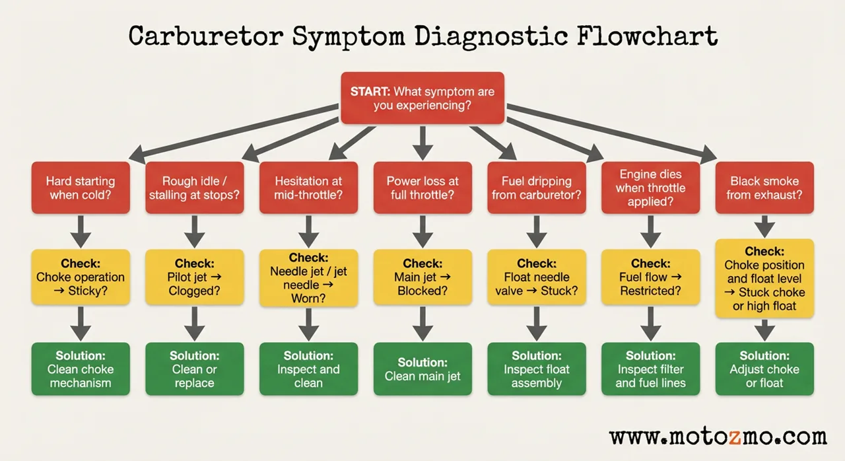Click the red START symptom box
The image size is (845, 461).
point(422,98)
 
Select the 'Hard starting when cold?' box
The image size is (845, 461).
point(81,188)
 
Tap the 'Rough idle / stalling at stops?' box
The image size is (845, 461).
point(194,188)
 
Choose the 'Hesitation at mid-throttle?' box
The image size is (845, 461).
point(308,188)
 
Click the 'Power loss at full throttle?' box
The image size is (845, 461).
point(422,188)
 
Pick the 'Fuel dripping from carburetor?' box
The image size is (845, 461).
point(536,188)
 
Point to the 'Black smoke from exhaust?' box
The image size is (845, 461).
point(764,188)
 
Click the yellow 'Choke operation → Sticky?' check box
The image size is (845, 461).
point(81,277)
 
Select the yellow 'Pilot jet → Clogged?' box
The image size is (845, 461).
point(194,277)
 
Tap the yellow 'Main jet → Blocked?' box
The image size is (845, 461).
point(422,277)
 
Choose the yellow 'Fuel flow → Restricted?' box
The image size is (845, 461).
point(650,277)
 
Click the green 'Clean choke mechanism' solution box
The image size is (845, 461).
point(81,369)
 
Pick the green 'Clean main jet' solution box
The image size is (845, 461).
point(422,369)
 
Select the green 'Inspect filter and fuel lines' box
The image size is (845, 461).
point(650,369)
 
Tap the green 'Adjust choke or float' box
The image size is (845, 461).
point(764,369)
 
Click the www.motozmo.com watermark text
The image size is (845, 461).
point(718,437)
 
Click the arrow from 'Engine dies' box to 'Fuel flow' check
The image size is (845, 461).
point(650,231)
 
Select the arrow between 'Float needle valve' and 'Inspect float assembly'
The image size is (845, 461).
point(536,324)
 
